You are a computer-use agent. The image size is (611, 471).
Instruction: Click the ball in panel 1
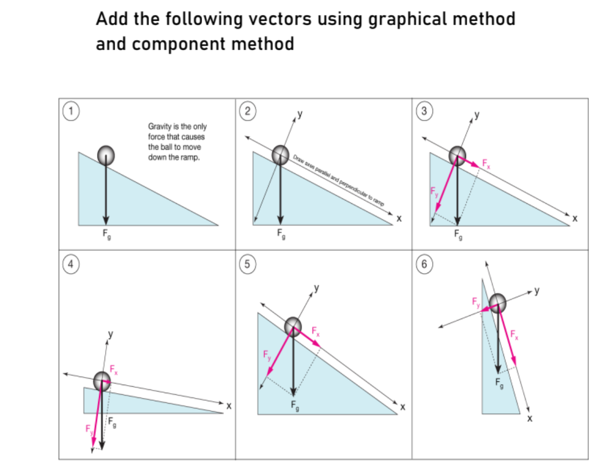[x=106, y=155]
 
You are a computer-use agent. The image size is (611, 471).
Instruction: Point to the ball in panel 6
[x=498, y=303]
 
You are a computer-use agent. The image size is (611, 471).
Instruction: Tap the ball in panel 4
[x=101, y=381]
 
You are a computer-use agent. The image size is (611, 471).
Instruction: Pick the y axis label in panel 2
[x=300, y=114]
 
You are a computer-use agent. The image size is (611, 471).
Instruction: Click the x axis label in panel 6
[x=529, y=418]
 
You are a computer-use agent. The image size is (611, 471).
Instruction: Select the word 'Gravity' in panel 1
[x=158, y=126]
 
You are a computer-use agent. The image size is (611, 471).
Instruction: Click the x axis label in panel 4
[x=229, y=406]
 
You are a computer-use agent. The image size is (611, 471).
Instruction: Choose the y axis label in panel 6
[x=537, y=291]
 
